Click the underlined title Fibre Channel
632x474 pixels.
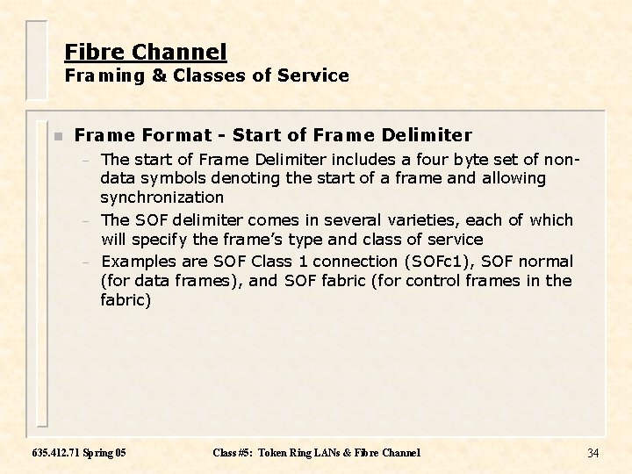[146, 52]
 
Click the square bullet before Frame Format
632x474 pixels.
[57, 136]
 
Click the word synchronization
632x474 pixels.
[162, 197]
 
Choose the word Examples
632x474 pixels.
[140, 262]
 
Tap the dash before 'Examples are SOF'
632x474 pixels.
[85, 262]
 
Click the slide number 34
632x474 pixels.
[592, 453]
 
